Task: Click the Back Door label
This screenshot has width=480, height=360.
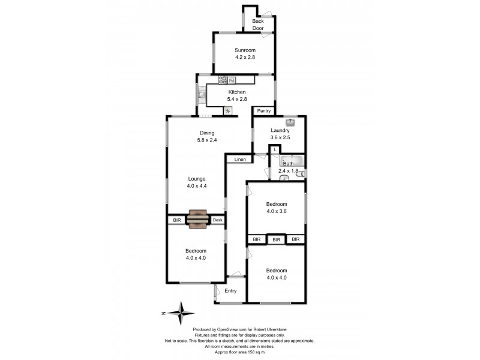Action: [258, 25]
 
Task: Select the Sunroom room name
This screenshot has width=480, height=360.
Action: [245, 50]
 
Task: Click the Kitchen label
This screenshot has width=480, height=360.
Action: [236, 92]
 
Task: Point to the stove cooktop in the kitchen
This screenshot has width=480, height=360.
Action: [222, 79]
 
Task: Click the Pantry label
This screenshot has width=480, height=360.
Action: [264, 111]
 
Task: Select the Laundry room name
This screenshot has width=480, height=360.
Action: [280, 130]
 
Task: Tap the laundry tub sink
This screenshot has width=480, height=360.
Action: [290, 121]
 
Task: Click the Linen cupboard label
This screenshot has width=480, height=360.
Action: [240, 160]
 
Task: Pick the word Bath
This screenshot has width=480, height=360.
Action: [289, 163]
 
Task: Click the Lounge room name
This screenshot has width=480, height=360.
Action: [196, 179]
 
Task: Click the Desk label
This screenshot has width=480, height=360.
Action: [217, 220]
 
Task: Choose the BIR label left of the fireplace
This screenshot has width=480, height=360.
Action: [176, 220]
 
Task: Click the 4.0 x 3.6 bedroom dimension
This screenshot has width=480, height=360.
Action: [277, 211]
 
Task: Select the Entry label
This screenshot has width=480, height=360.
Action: [230, 291]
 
